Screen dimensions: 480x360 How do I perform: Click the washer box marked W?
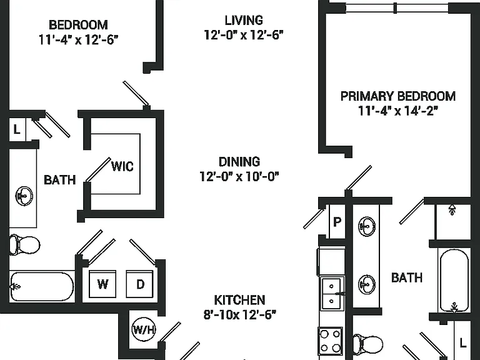(x=102, y=284)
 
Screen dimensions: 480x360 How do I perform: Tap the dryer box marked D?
(x=139, y=284)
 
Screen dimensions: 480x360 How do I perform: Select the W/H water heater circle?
(x=144, y=329)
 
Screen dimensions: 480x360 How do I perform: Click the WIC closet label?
(x=122, y=166)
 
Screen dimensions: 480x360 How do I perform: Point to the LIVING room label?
(x=244, y=20)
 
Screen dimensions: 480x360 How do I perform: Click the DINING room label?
(x=239, y=162)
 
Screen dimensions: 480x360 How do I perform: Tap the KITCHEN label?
(x=239, y=300)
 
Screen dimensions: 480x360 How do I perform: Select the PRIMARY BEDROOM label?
(x=398, y=96)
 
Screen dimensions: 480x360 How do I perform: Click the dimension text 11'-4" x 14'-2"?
(x=398, y=111)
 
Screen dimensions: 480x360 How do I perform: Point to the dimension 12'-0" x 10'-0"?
(x=239, y=176)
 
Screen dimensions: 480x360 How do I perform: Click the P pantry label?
(x=337, y=222)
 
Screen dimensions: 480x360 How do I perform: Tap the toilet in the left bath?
(x=24, y=244)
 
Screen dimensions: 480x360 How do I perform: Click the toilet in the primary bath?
(x=367, y=344)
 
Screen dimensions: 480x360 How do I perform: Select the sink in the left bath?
(x=24, y=196)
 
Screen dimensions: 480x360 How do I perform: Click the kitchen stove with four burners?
(x=331, y=341)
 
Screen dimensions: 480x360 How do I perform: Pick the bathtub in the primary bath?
(x=454, y=280)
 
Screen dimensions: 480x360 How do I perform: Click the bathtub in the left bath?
(x=42, y=287)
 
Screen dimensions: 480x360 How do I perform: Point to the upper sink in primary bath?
(x=366, y=226)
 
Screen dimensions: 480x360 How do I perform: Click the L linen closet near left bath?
(x=17, y=129)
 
